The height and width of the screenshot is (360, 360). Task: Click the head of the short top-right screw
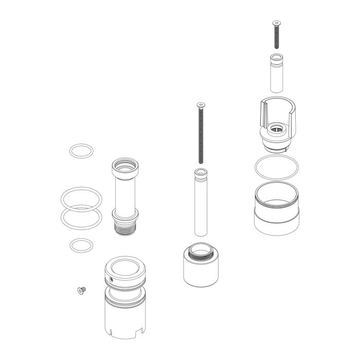pos(277,23)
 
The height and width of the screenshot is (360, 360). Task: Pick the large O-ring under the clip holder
pos(276,166)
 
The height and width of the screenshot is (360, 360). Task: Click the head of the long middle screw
pos(200,105)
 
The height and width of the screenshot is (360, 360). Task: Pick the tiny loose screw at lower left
pos(81,291)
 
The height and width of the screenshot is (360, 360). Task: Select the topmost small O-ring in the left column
pos(82,151)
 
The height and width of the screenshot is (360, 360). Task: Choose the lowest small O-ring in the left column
pos(81,245)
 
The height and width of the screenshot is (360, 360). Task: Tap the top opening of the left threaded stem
pos(126,165)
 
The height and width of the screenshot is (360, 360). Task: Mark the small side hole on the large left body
pos(111,280)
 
